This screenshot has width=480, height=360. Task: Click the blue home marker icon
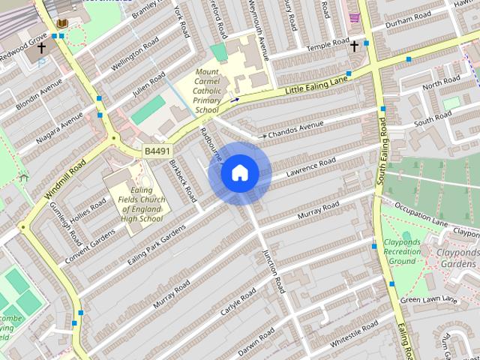240,173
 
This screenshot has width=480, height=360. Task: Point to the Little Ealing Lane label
317,83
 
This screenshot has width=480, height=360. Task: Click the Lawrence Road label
311,169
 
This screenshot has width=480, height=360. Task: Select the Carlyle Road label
239,301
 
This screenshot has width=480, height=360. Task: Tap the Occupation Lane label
421,214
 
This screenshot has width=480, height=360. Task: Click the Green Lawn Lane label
428,300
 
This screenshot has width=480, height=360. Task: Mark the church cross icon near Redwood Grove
41,47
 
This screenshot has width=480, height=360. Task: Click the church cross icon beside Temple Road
355,46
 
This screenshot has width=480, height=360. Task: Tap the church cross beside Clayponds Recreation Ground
374,246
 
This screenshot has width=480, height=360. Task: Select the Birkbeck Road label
181,180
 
